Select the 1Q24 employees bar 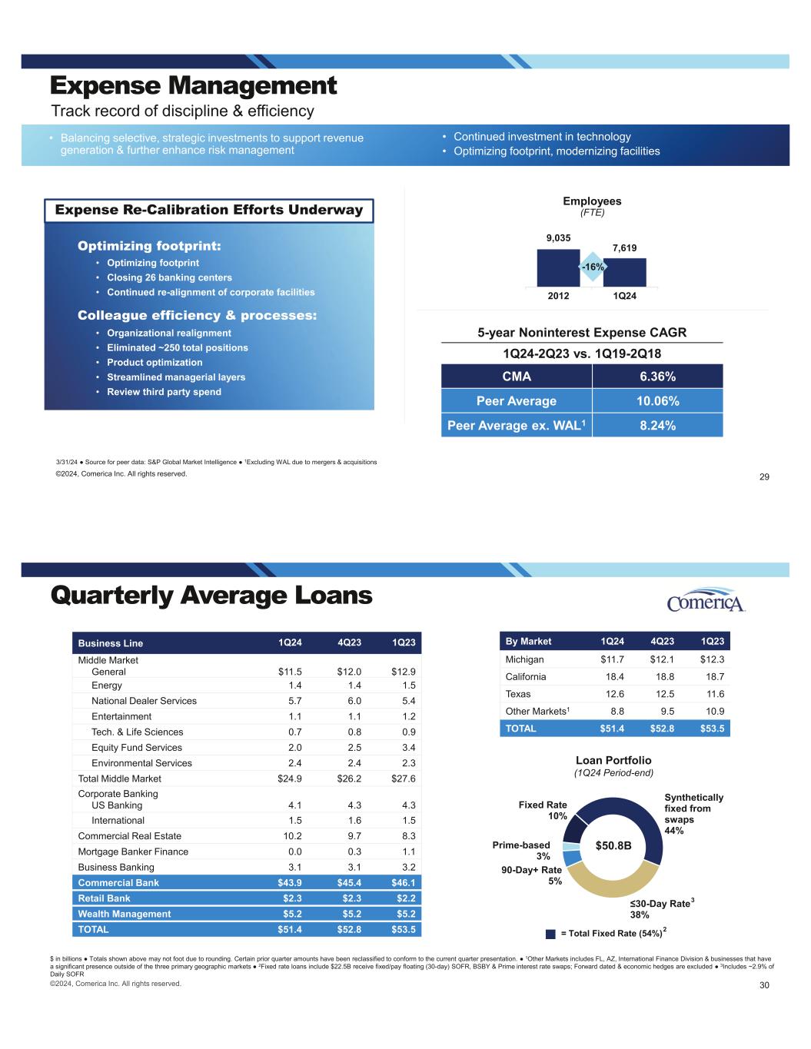[x=624, y=272]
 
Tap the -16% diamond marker [x=592, y=266]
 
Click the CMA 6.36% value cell [x=657, y=377]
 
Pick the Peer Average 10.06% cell [x=657, y=401]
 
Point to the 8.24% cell [x=657, y=425]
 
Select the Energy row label [x=107, y=686]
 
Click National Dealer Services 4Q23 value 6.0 [x=353, y=701]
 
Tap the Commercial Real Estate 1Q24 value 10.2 [x=289, y=836]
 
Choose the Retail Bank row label [x=105, y=898]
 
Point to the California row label [x=526, y=677]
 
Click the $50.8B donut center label [x=613, y=846]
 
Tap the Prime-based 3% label [x=521, y=851]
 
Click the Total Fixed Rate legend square [x=550, y=934]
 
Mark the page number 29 [x=764, y=477]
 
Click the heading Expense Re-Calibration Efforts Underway [x=209, y=210]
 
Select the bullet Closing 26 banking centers [x=169, y=277]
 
